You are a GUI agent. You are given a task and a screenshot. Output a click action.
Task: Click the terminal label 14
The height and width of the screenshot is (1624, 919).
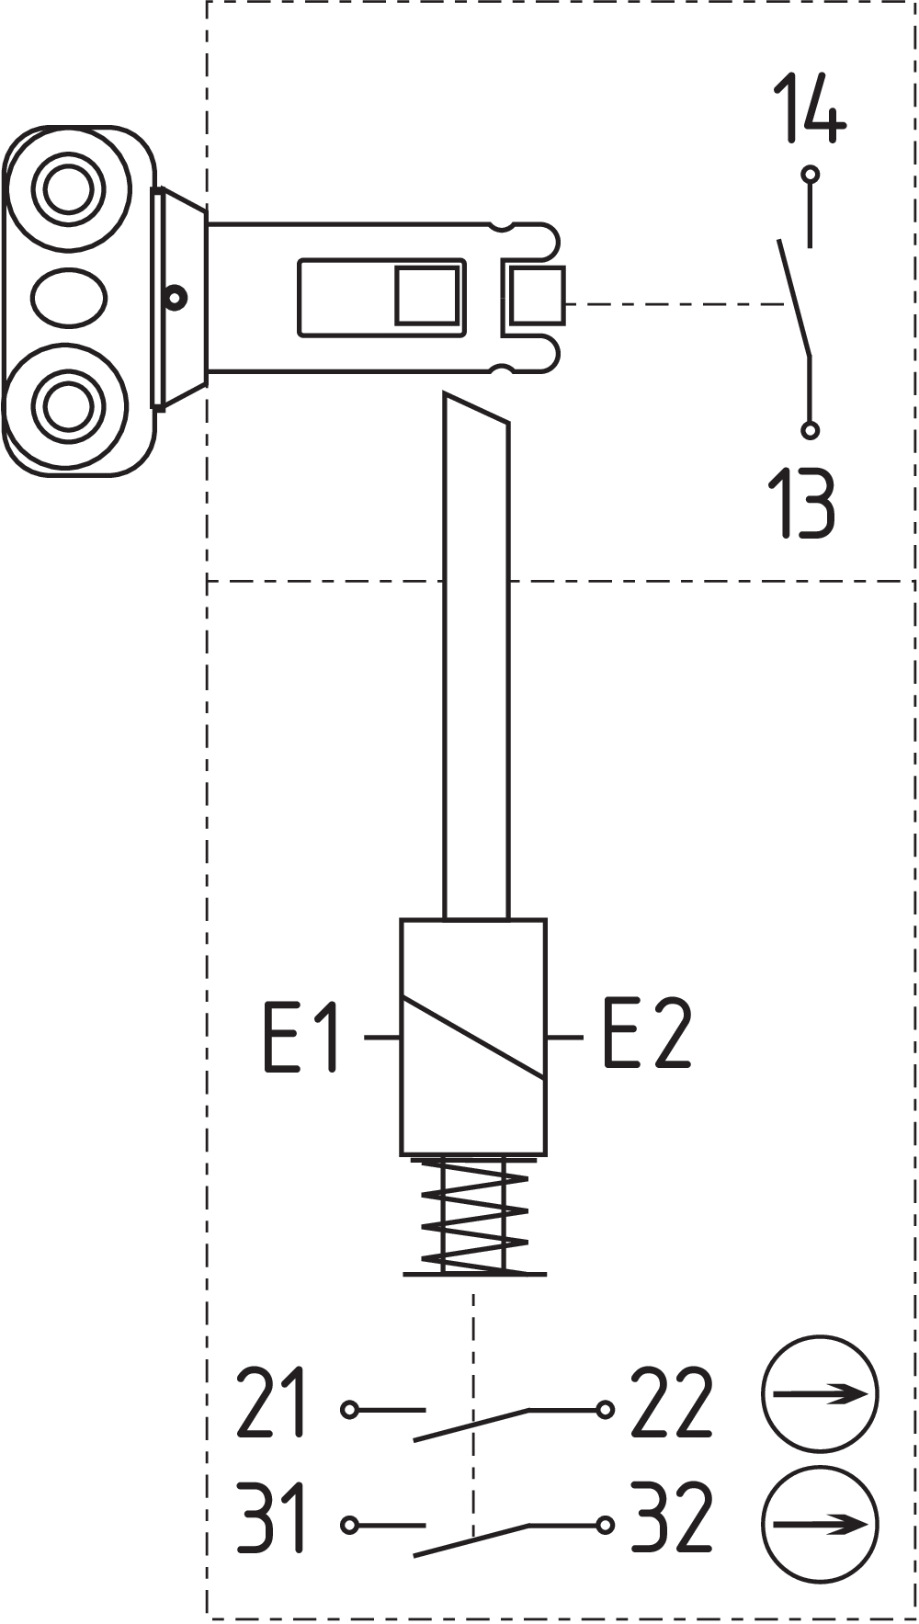pyautogui.click(x=809, y=108)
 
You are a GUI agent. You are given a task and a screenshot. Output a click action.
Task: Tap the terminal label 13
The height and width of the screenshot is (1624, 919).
pyautogui.click(x=801, y=503)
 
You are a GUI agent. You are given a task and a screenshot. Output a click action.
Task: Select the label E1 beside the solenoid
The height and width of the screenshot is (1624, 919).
pyautogui.click(x=301, y=1038)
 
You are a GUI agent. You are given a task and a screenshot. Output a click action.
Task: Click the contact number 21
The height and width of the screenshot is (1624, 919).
pyautogui.click(x=271, y=1403)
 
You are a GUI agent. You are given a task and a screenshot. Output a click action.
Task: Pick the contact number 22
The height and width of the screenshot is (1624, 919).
pyautogui.click(x=672, y=1403)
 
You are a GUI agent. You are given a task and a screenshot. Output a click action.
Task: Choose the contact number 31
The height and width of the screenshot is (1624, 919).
pyautogui.click(x=270, y=1517)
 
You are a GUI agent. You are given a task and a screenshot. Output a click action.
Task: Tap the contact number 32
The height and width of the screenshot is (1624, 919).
pyautogui.click(x=672, y=1517)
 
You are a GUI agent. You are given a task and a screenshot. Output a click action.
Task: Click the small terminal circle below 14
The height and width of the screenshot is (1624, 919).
pyautogui.click(x=810, y=174)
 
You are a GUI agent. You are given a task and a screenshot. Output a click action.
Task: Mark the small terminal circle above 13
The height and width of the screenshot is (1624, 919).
pyautogui.click(x=810, y=429)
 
